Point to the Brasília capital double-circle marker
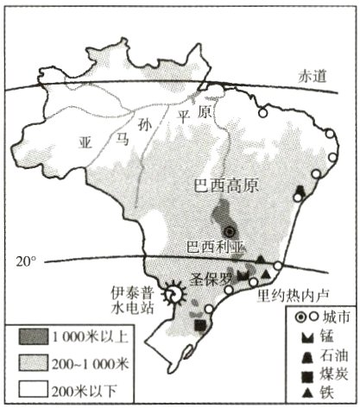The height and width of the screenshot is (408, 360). (230, 231)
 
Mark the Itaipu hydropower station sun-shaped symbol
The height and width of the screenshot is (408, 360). (176, 294)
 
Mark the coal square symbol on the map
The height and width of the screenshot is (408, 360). (201, 325)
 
